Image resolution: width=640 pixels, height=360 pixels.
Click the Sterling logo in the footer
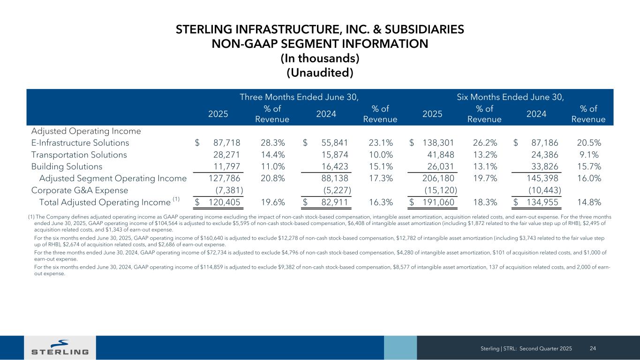click(60, 347)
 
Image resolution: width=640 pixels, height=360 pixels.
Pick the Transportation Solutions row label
click(79, 155)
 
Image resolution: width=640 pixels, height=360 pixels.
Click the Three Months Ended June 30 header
click(299, 97)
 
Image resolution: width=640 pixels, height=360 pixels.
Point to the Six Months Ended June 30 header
click(510, 97)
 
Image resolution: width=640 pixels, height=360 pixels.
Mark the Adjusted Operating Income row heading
click(86, 131)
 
